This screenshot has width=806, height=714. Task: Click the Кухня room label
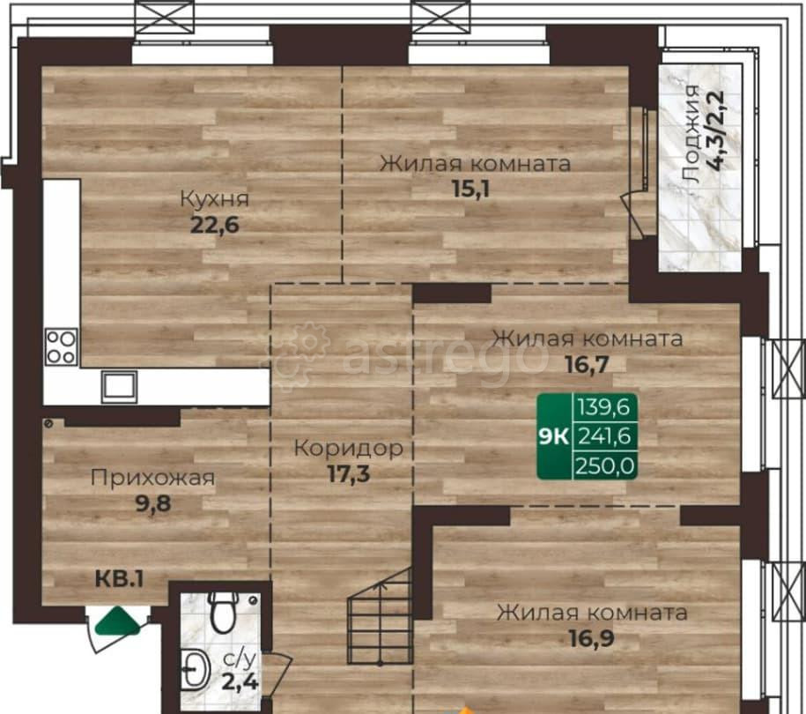[x=214, y=198]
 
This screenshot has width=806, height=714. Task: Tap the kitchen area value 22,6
[x=215, y=225]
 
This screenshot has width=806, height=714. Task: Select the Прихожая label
[x=152, y=478]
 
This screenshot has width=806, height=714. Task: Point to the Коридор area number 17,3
[x=349, y=473]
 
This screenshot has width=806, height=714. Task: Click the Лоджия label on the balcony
[x=691, y=134]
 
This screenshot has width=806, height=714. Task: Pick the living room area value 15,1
[x=471, y=189]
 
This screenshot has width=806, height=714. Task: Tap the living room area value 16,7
[x=587, y=365]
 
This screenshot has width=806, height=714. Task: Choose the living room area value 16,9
[x=592, y=638]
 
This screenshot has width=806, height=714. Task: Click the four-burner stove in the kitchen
[x=62, y=346]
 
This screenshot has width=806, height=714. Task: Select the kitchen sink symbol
[x=119, y=386]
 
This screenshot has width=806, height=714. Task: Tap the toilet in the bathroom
[x=224, y=611]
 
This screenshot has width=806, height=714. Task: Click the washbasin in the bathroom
[x=196, y=669]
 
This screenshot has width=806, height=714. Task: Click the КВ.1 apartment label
[x=119, y=579]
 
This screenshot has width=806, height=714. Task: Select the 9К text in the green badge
[x=553, y=436]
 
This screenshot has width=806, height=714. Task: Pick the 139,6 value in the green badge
[x=604, y=407]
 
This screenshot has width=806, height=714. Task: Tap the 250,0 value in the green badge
[x=605, y=466]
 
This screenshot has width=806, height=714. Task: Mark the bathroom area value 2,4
[x=240, y=682]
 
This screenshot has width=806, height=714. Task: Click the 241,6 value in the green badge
[x=604, y=436]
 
